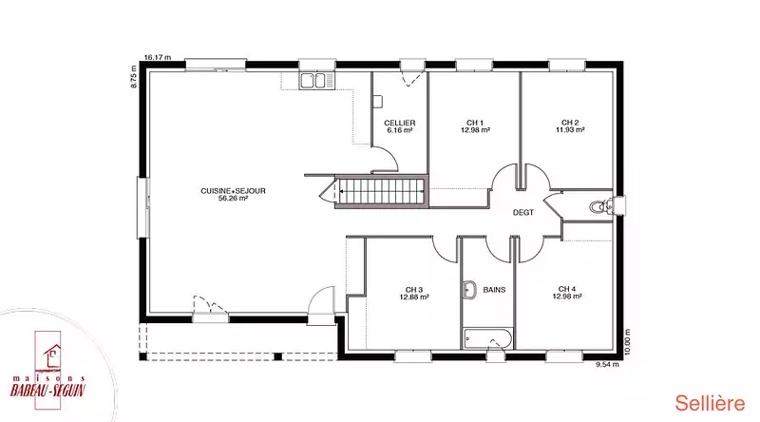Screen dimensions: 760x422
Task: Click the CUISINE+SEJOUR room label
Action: pos(233,191)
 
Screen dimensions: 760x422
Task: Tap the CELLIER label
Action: pos(400,124)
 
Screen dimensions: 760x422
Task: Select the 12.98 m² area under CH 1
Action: pos(475,130)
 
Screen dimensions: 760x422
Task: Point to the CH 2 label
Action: pos(570,123)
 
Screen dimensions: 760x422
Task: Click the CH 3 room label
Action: pos(414,290)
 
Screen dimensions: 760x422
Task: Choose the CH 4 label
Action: pos(567,289)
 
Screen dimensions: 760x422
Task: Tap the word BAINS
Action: pos(494,290)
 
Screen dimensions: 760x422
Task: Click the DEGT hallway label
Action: pos(523,213)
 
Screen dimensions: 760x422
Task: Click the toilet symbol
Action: pos(602,206)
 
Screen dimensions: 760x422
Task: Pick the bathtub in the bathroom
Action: pos(488,338)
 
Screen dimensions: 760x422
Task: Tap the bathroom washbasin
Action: pos(469,290)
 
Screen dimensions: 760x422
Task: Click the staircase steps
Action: pos(382,191)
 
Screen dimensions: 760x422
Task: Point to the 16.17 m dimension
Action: pos(158,57)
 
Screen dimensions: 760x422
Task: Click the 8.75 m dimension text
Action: pos(134,77)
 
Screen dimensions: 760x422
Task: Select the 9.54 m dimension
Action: pos(607,365)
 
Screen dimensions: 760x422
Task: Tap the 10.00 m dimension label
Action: pos(628,342)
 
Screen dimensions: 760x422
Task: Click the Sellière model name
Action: pos(710,404)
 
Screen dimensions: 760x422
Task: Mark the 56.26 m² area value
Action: pos(233,198)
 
